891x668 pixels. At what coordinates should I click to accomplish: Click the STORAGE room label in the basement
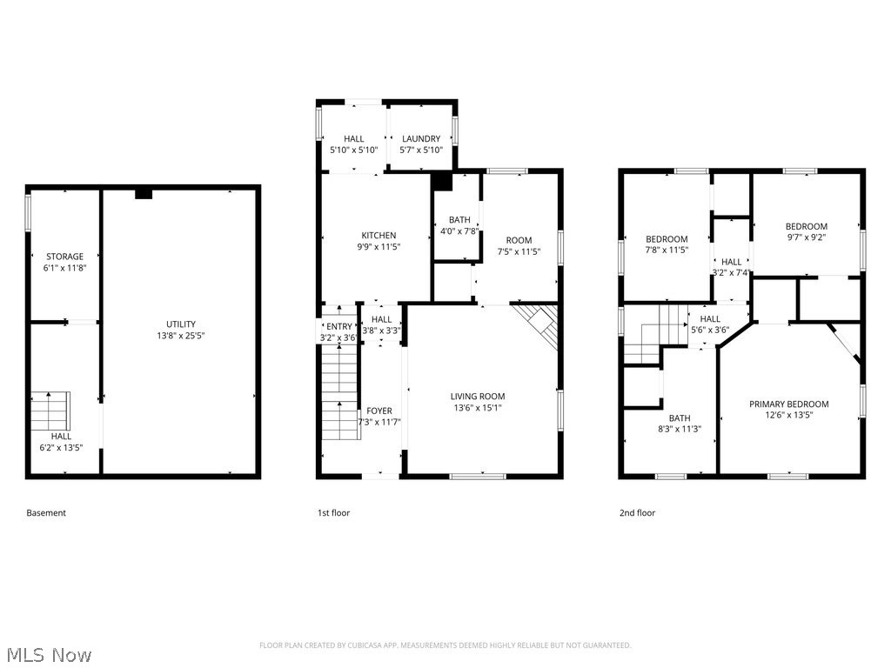(65, 257)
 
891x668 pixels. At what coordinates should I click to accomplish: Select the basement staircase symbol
(51, 409)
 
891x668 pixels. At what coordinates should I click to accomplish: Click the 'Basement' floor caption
(46, 513)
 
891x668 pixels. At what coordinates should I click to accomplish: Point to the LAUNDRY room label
(421, 138)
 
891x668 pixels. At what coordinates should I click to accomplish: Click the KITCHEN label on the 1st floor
(379, 235)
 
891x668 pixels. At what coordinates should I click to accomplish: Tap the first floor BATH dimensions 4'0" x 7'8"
(459, 231)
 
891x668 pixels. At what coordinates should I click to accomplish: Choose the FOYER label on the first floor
(379, 411)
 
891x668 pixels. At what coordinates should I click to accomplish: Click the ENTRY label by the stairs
(338, 326)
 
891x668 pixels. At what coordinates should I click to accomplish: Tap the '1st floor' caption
(333, 513)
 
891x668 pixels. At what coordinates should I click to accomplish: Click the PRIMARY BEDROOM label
(789, 404)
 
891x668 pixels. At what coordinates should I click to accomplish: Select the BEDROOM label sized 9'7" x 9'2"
(807, 226)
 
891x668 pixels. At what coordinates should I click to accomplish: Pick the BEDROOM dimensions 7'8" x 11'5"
(667, 250)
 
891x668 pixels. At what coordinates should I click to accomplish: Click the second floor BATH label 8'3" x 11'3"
(679, 417)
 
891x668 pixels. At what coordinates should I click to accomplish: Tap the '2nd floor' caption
(637, 513)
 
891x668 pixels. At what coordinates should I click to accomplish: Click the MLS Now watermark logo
(48, 654)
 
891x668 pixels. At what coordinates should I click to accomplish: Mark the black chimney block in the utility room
(144, 193)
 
